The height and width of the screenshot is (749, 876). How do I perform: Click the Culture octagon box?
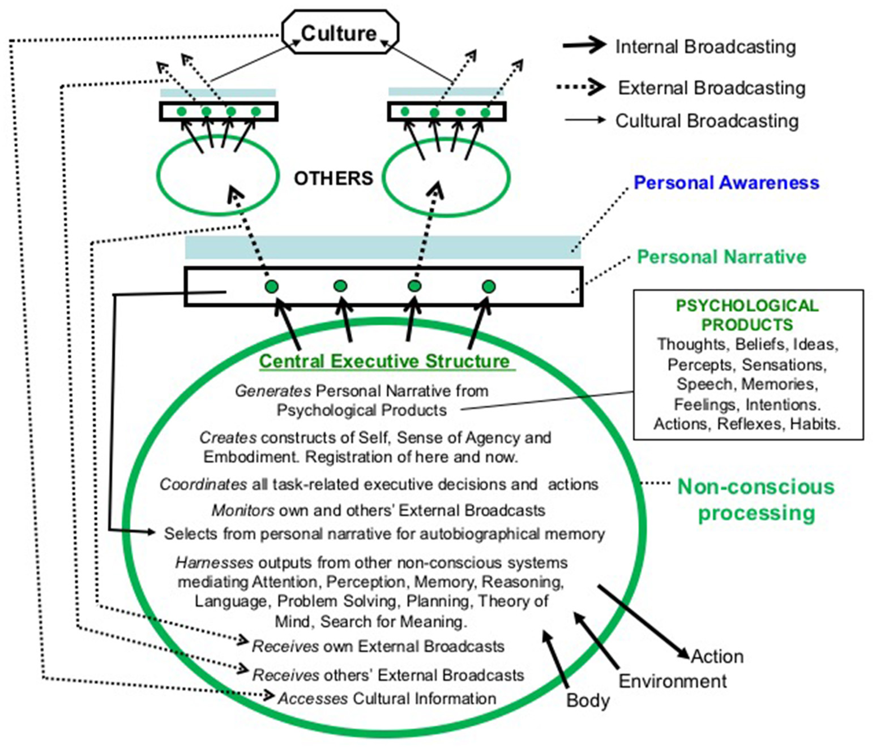(340, 33)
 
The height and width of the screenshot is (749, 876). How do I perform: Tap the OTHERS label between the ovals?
(333, 178)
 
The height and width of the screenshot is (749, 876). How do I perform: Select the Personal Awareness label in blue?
(726, 183)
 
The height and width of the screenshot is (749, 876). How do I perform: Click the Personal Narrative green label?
(721, 257)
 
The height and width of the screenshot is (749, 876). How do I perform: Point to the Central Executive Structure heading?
(384, 361)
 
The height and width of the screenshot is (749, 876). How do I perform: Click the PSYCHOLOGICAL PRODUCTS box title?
(747, 315)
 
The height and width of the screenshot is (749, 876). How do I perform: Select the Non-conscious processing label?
(756, 500)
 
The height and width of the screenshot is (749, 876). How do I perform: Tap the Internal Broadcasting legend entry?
(705, 47)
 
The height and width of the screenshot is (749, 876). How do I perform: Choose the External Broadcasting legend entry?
(711, 88)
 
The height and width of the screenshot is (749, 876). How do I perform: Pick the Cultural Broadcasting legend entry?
(707, 121)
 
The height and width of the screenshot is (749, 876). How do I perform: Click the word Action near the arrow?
(717, 656)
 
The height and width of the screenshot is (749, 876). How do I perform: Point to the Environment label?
(672, 681)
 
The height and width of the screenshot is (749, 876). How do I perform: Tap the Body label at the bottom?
(588, 700)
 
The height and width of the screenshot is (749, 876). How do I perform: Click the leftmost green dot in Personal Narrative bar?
(272, 286)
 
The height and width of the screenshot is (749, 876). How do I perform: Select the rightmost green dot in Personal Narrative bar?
(488, 286)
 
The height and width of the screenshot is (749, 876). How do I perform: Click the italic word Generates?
(273, 391)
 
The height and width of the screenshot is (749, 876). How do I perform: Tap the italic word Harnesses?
(214, 563)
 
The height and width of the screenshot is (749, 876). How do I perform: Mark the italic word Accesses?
(313, 699)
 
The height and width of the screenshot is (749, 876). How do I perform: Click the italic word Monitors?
(243, 510)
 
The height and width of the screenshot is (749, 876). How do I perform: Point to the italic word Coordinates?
(203, 485)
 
